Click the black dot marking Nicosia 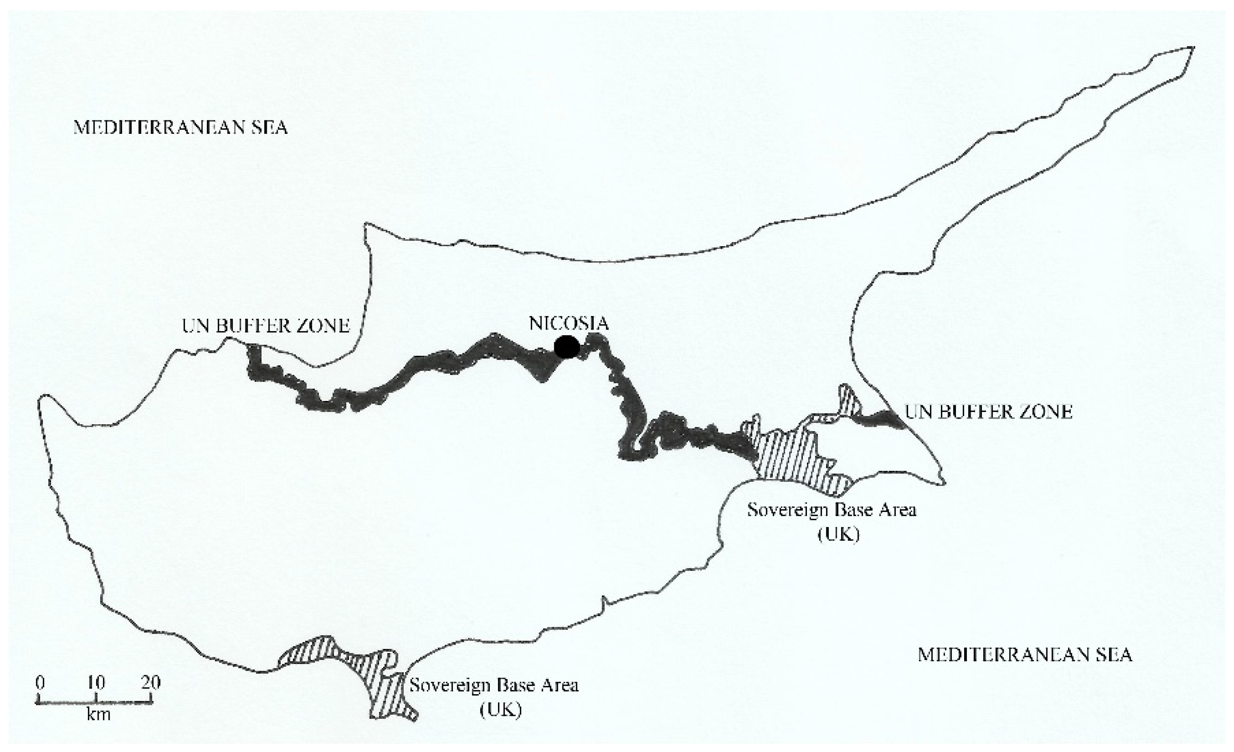tap(567, 346)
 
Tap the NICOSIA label tap(569, 323)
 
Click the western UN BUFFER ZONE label tap(265, 326)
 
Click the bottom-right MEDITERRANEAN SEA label tap(1025, 655)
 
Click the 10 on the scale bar tap(96, 683)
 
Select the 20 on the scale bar tap(151, 683)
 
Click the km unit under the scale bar tap(98, 714)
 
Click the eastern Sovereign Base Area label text tap(832, 510)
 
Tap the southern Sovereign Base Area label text tap(494, 685)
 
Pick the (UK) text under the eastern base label tap(838, 534)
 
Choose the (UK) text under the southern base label tap(501, 710)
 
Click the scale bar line tap(95, 702)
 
